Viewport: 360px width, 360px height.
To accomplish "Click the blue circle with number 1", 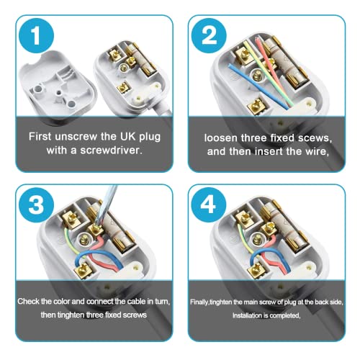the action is click(36, 36).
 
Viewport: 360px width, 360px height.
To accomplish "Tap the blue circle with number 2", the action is click(209, 36).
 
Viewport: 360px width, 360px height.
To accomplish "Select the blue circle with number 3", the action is click(36, 204).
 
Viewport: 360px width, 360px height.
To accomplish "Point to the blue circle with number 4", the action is click(208, 204).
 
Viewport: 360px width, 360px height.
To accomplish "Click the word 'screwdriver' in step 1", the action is click(111, 150).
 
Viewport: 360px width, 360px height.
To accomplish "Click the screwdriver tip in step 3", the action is click(96, 225).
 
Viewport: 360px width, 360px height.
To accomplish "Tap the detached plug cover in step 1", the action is click(57, 85).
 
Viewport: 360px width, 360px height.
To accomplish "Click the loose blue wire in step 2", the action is click(258, 86).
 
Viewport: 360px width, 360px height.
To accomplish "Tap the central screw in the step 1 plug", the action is click(125, 68).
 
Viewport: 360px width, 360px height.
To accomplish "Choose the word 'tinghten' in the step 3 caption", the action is click(71, 315).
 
